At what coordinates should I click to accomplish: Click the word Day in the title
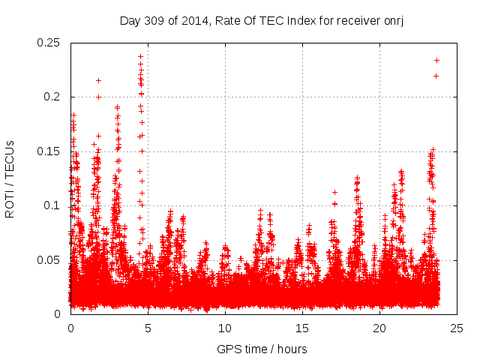click(x=130, y=19)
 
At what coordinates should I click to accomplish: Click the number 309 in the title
click(x=153, y=19)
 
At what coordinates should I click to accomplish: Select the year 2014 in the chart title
click(x=190, y=19)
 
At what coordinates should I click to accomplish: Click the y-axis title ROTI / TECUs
click(x=10, y=179)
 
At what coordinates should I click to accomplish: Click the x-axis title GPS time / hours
click(x=262, y=349)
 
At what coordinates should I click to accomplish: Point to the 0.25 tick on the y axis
click(x=49, y=43)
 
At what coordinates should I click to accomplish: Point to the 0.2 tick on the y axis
click(x=53, y=97)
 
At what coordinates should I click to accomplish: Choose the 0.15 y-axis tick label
click(x=49, y=151)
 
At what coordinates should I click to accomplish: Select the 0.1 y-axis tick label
click(x=53, y=205)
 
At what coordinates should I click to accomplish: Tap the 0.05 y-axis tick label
click(x=49, y=260)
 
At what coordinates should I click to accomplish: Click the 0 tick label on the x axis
click(x=70, y=328)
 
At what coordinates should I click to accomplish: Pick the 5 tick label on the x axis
click(x=148, y=328)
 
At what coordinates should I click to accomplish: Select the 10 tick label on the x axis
click(x=225, y=328)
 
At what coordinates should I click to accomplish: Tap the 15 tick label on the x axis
click(x=302, y=328)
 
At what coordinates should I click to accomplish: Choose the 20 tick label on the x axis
click(x=380, y=328)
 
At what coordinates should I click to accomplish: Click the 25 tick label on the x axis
click(x=457, y=328)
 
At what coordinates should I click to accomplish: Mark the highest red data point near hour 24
click(x=436, y=60)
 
